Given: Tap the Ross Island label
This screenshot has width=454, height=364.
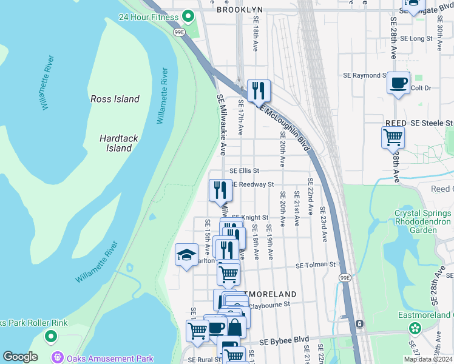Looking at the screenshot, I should [x=115, y=99].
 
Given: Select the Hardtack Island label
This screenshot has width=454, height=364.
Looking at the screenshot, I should [x=119, y=143].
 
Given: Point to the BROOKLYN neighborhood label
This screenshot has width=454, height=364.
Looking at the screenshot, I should [x=240, y=10].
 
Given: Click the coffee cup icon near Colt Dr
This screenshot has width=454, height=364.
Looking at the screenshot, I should [x=398, y=83].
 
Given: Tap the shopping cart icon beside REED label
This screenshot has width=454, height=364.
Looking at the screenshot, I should [x=393, y=138].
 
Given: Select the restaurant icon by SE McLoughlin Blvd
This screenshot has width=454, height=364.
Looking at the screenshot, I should [x=259, y=91].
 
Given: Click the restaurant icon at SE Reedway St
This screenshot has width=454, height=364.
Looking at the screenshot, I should [x=220, y=190].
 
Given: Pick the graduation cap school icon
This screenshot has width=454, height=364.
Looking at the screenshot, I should [x=186, y=255].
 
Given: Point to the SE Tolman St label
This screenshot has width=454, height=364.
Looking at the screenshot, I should [x=316, y=265].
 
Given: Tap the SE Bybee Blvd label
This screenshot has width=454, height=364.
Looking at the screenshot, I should [x=284, y=339].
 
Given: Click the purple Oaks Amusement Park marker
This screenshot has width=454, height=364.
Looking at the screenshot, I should [x=58, y=358].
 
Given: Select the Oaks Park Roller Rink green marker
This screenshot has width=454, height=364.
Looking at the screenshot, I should [x=51, y=335].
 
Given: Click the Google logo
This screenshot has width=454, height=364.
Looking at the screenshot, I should [x=20, y=357].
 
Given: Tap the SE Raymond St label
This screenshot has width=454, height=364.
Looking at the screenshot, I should [x=364, y=76].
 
